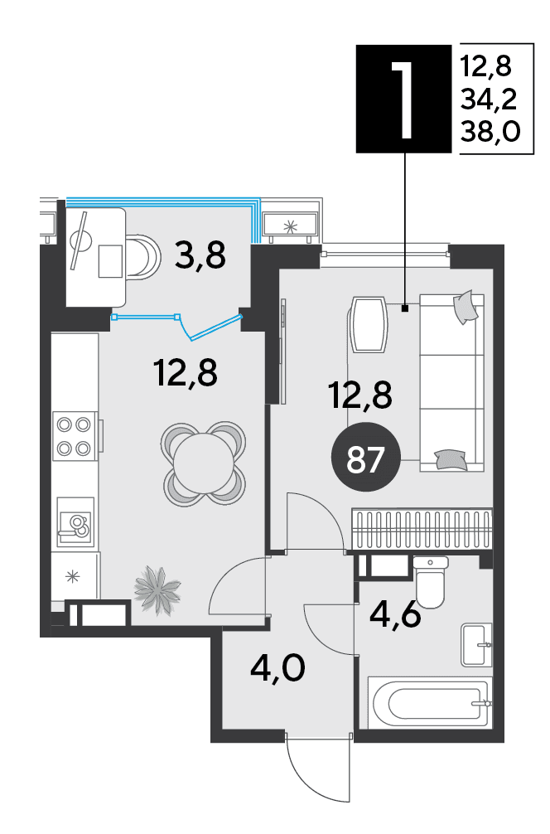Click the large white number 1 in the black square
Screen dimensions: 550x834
403,99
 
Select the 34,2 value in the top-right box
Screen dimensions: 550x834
489,99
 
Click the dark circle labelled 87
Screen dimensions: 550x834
365,459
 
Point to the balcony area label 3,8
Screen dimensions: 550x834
200,255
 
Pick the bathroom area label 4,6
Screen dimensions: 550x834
395,616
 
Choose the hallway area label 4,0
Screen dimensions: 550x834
278,668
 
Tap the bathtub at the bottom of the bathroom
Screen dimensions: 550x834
428,702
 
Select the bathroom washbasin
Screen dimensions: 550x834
476,645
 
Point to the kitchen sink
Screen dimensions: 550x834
75,522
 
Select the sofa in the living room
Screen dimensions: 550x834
452,383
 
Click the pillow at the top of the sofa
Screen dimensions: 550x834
466,307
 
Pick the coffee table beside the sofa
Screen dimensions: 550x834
369,324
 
